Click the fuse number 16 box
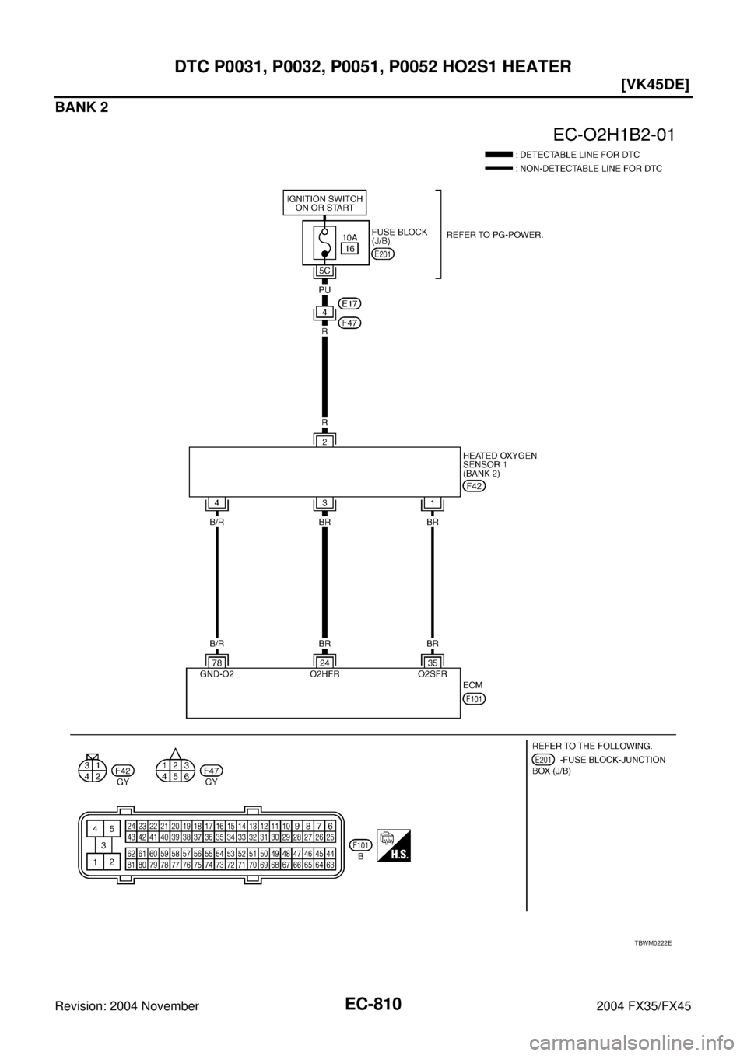pos(349,248)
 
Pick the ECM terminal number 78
pos(217,663)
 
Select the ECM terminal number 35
pos(432,663)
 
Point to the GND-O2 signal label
pos(217,675)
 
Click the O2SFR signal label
pos(432,675)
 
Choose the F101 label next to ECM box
pos(473,699)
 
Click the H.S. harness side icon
pos(393,844)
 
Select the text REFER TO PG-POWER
pos(493,233)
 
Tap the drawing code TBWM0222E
pos(652,942)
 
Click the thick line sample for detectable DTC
pos(498,155)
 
